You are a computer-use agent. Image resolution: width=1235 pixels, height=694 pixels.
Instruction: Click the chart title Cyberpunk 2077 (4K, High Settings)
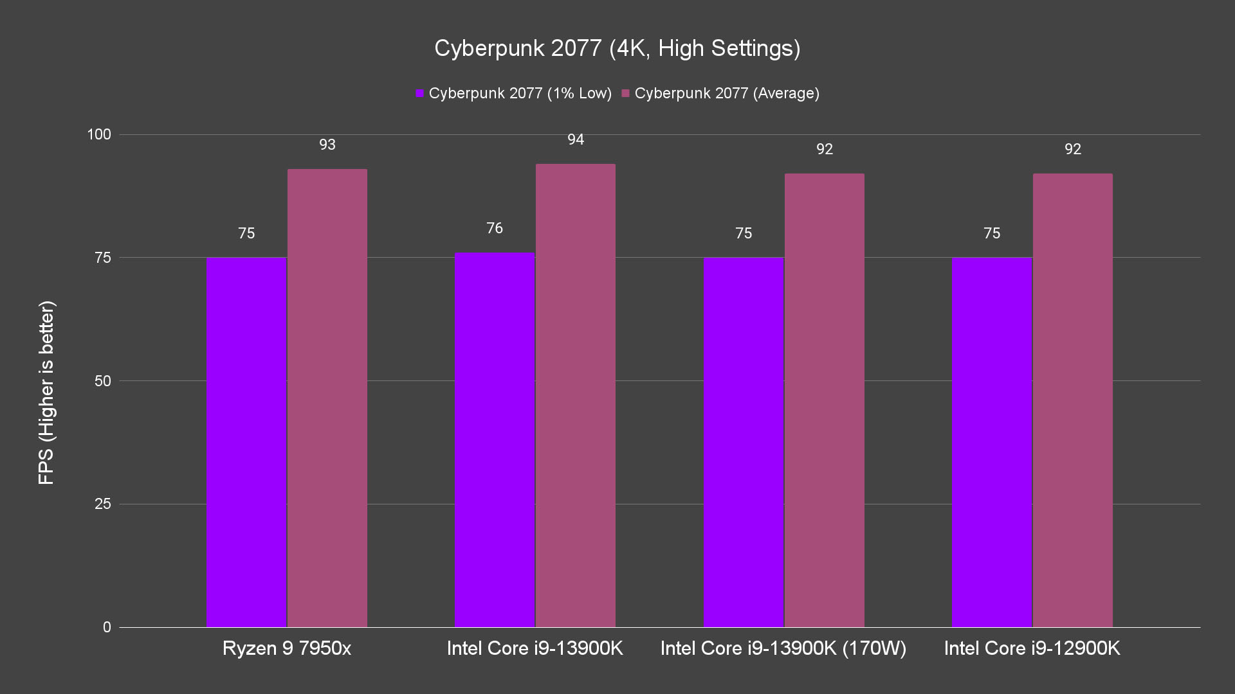point(617,48)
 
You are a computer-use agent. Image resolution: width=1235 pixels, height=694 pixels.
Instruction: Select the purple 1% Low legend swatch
point(420,94)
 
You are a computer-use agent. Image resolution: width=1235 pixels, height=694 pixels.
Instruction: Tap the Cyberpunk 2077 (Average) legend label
point(726,94)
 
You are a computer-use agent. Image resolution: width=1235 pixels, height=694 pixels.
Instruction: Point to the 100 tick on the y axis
point(99,134)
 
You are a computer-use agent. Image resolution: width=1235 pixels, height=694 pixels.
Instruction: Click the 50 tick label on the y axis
point(103,381)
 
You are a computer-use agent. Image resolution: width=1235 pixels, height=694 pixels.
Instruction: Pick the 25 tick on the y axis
point(103,504)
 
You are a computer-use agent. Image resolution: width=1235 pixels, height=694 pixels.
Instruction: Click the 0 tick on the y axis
point(107,627)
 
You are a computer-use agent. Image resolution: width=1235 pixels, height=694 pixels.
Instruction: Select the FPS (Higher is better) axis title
point(46,393)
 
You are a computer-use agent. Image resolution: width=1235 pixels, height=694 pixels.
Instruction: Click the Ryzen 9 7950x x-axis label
point(287,648)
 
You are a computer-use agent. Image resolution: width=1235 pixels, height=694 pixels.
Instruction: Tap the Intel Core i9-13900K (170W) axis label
point(783,648)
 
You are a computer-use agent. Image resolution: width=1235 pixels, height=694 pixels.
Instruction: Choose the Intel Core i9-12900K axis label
point(1032,648)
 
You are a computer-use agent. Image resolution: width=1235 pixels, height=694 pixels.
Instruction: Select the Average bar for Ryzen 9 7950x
point(327,398)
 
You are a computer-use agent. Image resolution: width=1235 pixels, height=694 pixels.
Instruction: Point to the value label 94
point(576,140)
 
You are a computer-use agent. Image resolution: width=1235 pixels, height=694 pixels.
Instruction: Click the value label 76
point(495,229)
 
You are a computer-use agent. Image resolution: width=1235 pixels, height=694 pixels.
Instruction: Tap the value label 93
point(327,145)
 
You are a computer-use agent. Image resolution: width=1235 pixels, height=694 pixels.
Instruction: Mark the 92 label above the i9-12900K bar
point(1073,150)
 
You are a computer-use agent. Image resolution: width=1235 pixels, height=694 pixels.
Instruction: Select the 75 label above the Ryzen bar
point(246,234)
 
